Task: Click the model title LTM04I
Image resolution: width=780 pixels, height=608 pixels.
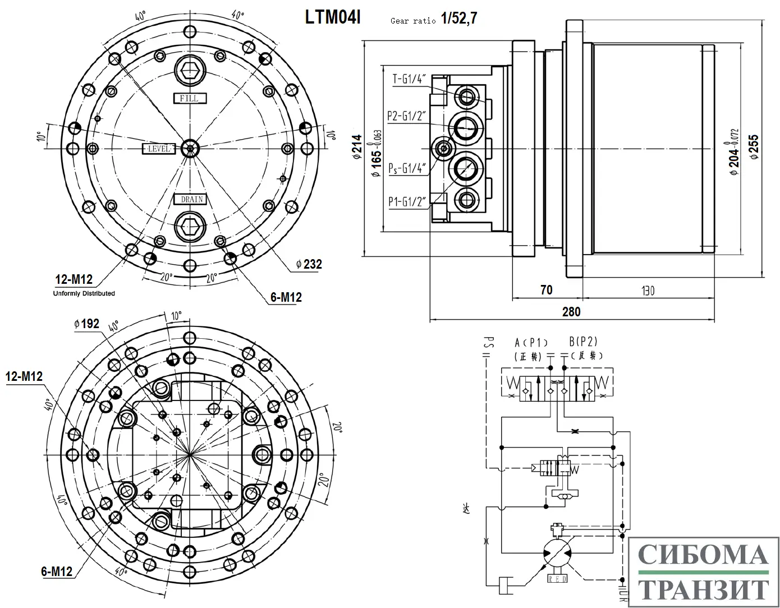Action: coord(333,17)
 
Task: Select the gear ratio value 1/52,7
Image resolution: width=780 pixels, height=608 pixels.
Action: coord(458,19)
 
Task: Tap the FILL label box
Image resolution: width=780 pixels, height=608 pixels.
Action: coord(190,98)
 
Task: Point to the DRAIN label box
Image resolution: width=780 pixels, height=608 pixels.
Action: coord(190,199)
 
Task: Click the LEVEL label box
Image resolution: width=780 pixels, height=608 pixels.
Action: coord(159,149)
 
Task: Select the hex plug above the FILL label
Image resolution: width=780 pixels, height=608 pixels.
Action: coord(190,71)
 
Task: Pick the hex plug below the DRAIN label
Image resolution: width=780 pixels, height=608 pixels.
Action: coord(190,227)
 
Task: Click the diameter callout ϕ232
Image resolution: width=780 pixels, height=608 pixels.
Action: coord(309,264)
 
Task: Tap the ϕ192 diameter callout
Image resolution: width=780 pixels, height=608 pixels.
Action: coord(86,324)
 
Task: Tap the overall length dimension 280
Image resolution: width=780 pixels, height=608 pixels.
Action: coord(571,311)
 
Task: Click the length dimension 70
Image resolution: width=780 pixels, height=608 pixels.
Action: coord(546,290)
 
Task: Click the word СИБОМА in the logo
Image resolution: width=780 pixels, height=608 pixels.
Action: coord(703,555)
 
